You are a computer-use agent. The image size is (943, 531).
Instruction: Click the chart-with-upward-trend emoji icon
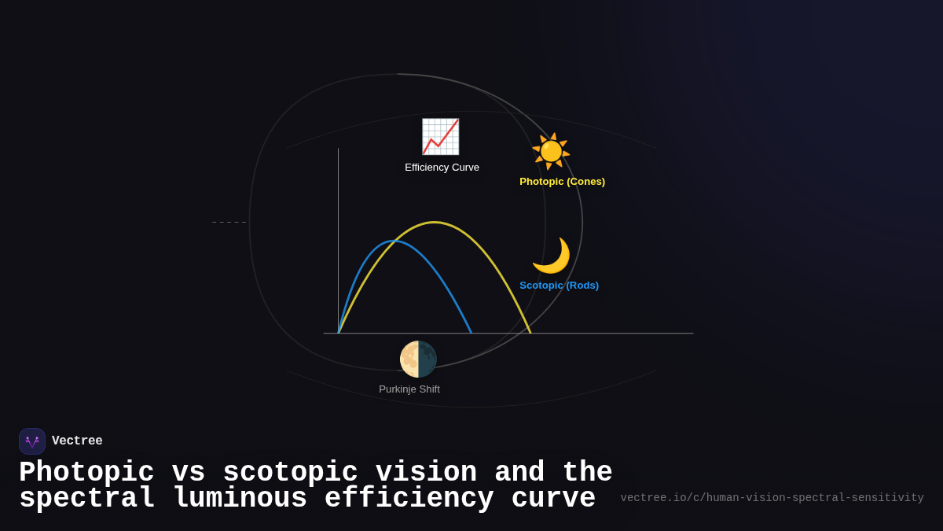click(440, 137)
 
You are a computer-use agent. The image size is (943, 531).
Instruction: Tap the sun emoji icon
click(551, 151)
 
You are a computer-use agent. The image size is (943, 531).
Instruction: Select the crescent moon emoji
click(551, 256)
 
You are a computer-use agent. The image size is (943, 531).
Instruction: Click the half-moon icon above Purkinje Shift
click(418, 360)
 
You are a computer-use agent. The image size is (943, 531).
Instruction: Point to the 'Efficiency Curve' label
click(442, 168)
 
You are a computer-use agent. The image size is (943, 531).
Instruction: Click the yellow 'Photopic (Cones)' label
click(562, 182)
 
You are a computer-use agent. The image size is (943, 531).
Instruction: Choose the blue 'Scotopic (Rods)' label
click(559, 286)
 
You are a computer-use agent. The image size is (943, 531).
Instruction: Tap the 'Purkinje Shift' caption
click(409, 389)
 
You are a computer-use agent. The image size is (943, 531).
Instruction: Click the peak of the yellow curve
click(435, 223)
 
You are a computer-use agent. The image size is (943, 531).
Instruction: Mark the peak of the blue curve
click(394, 242)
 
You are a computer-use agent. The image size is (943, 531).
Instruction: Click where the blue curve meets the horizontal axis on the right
click(471, 333)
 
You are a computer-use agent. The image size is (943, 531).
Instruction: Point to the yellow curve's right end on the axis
click(530, 333)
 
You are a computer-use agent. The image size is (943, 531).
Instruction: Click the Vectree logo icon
click(32, 441)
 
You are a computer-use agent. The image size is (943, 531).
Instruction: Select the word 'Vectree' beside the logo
click(77, 441)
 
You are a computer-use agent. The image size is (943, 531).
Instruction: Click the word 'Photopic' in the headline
click(86, 473)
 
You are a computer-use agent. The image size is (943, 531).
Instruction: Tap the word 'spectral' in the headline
click(87, 499)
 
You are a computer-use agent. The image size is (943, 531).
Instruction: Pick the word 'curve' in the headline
click(553, 499)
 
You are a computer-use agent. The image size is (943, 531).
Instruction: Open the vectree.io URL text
click(772, 498)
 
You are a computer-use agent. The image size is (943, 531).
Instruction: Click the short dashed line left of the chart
click(229, 223)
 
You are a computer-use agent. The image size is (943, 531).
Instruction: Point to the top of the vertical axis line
click(339, 149)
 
